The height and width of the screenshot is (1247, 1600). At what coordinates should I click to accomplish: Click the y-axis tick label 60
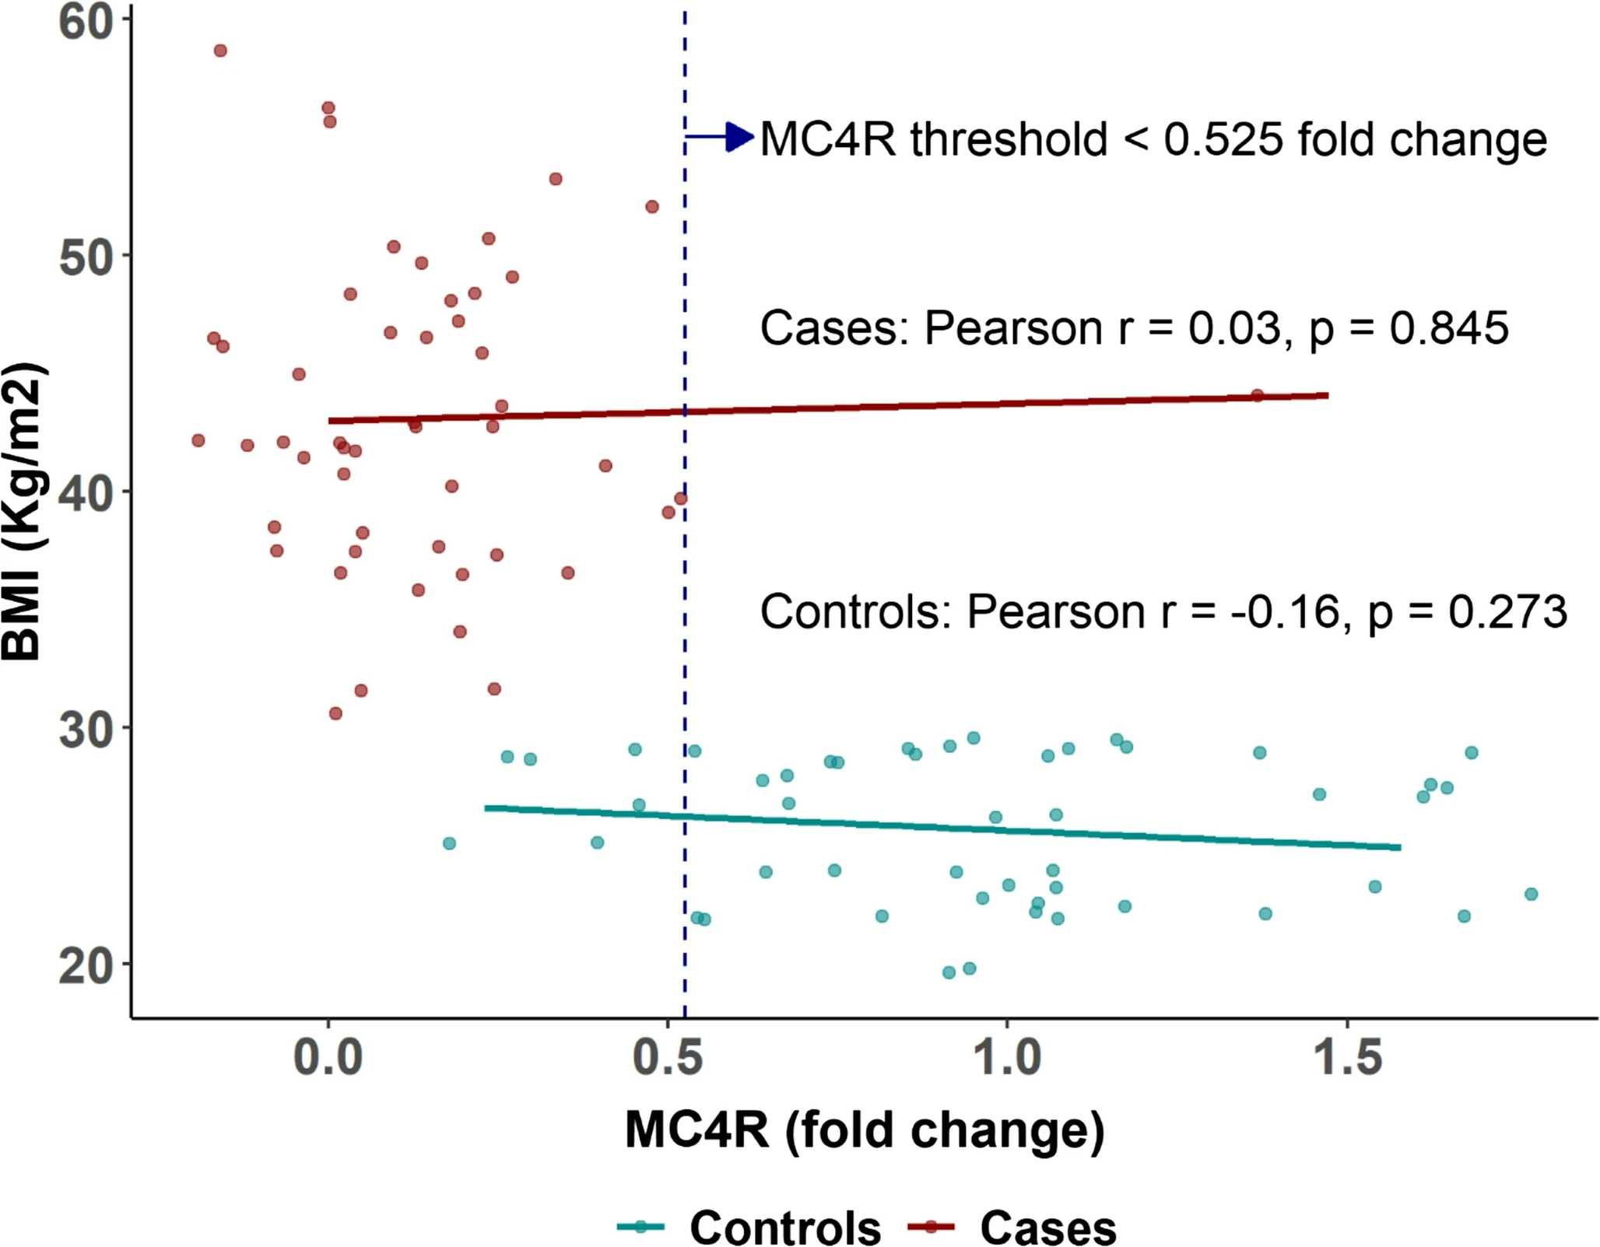tap(86, 23)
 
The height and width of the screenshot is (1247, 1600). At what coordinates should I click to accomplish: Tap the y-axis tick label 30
tap(86, 730)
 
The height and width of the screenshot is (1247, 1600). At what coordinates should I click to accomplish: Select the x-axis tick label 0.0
tap(328, 1058)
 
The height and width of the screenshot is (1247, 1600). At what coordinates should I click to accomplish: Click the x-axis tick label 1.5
tap(1348, 1058)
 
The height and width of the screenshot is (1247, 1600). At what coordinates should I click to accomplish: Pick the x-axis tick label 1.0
tap(1008, 1058)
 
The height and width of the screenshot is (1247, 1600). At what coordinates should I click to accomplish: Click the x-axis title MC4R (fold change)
tap(864, 1130)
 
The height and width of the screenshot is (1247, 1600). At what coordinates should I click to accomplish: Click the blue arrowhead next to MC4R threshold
tap(739, 138)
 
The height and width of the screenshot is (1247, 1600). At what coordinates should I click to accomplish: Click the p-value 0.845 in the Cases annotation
tap(1449, 328)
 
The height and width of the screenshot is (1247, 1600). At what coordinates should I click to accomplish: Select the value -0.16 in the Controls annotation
tap(1284, 612)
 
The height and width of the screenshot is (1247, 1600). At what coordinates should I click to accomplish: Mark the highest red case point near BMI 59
tap(220, 51)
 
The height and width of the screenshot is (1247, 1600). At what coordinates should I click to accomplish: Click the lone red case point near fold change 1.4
tap(1257, 395)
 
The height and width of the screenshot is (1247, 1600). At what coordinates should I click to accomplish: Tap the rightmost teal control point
tap(1531, 894)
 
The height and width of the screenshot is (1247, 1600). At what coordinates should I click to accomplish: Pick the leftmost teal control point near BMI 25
tap(449, 843)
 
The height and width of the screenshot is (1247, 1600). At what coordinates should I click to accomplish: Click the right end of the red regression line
tap(1327, 395)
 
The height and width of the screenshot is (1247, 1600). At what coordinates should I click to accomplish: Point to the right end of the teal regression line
tap(1399, 847)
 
